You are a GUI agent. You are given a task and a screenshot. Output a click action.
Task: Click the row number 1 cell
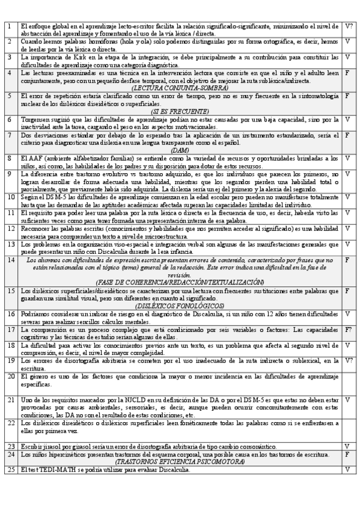point(10,26)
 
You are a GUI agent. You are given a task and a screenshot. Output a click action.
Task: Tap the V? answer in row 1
point(349,26)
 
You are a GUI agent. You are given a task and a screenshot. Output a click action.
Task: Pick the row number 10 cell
point(11,197)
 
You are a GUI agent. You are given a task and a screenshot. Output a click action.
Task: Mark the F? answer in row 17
point(349,330)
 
